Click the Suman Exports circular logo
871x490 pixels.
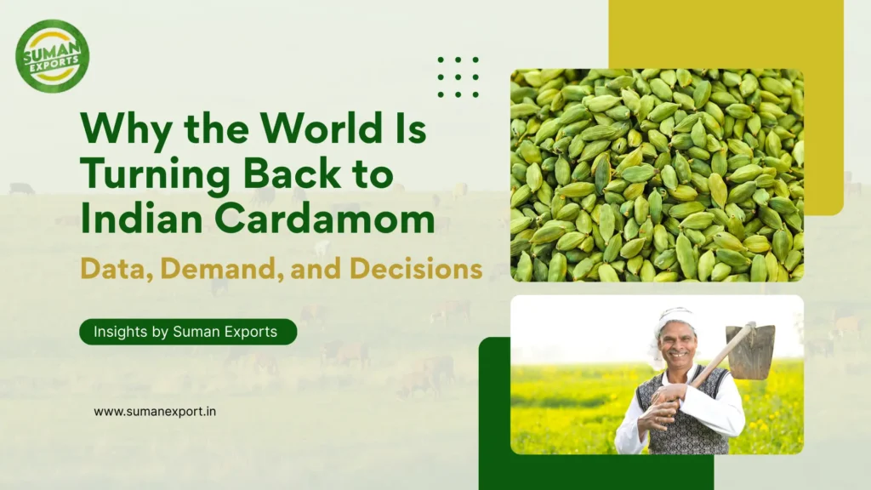pyautogui.click(x=52, y=55)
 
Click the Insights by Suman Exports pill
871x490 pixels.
pyautogui.click(x=188, y=332)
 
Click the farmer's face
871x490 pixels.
pyautogui.click(x=677, y=340)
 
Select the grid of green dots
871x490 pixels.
pyautogui.click(x=458, y=77)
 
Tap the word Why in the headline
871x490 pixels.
pyautogui.click(x=117, y=129)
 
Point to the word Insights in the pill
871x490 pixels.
pyautogui.click(x=117, y=332)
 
